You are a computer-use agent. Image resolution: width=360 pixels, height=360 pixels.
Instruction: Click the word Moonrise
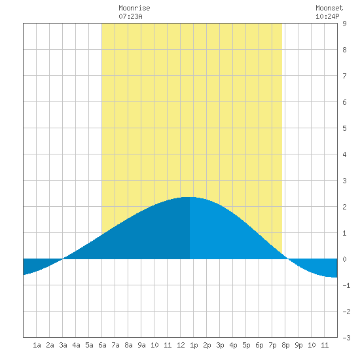tap(134, 8)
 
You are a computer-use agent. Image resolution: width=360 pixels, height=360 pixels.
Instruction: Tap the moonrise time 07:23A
tap(130, 16)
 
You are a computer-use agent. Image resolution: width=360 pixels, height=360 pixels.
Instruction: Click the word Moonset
tap(329, 8)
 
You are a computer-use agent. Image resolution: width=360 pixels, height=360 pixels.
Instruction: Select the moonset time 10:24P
tap(327, 16)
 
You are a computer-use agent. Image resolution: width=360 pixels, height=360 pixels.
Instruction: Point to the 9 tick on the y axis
tap(344, 24)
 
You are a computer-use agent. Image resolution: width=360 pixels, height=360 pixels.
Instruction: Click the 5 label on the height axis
tap(344, 128)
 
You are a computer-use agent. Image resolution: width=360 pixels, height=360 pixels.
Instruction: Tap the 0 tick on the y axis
tap(344, 259)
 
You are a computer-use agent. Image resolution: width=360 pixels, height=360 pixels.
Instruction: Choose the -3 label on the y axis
tap(346, 338)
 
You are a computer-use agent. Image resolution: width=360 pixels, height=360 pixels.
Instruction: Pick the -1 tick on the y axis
tap(346, 285)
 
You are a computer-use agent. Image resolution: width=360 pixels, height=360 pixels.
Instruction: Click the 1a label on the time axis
tap(37, 345)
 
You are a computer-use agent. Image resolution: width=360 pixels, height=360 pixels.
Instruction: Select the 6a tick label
tap(102, 345)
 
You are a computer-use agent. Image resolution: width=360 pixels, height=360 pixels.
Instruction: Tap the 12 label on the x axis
tap(181, 345)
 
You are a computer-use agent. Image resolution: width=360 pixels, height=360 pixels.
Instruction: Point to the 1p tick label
tap(194, 345)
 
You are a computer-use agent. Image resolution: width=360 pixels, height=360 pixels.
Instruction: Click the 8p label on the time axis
tap(285, 345)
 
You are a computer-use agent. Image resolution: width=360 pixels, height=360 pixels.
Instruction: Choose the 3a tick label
tap(63, 345)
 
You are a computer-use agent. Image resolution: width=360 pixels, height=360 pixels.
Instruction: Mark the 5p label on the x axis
tap(246, 345)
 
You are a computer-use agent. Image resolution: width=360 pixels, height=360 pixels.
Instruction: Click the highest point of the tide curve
tap(190, 197)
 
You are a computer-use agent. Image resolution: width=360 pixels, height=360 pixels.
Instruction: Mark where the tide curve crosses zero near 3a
tap(63, 259)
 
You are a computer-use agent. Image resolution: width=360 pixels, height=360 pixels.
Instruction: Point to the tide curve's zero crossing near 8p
tap(287, 259)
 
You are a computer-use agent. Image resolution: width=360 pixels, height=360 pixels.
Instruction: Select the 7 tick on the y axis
tap(344, 76)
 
